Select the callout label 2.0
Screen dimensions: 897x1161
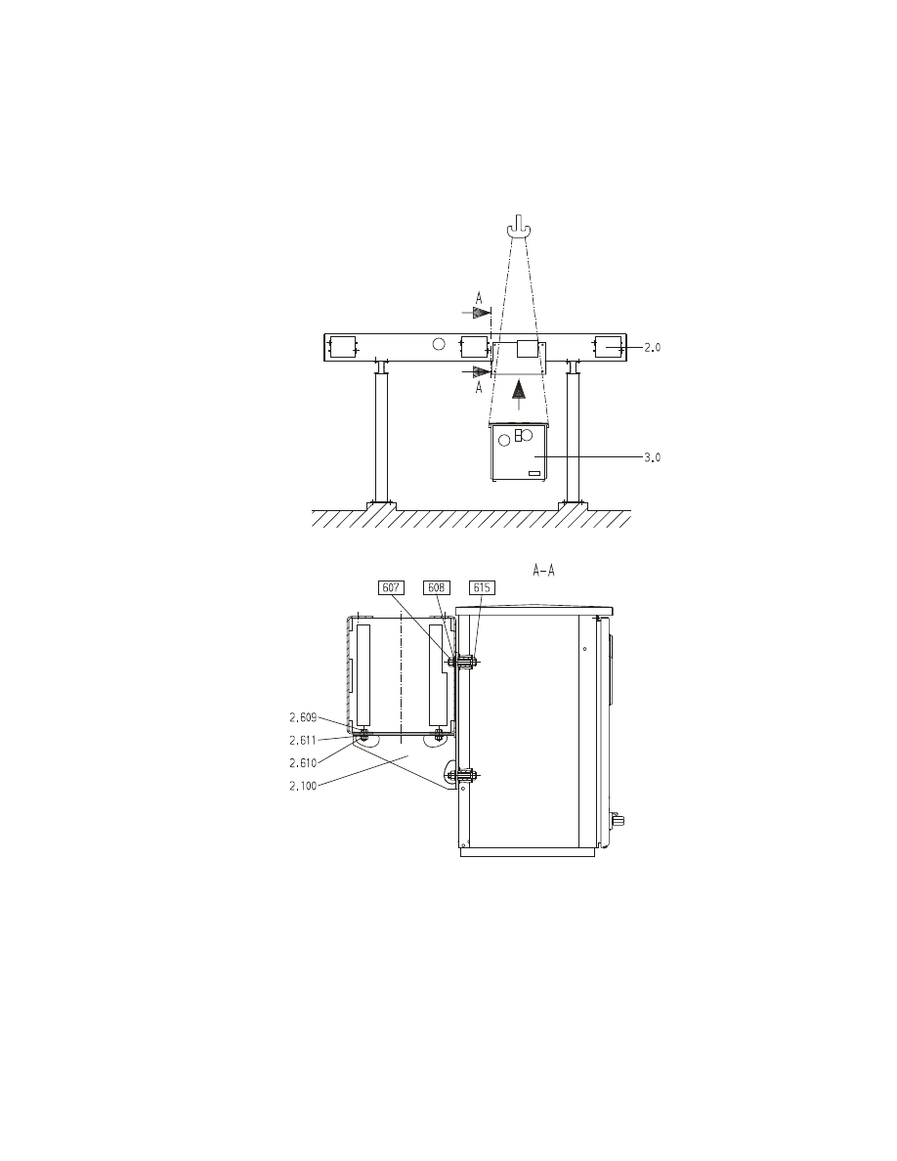[x=652, y=347]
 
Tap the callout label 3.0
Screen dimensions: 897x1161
[x=652, y=457]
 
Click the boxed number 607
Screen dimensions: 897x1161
[x=391, y=588]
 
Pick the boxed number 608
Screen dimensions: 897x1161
[x=436, y=588]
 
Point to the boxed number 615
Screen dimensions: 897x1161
[x=482, y=588]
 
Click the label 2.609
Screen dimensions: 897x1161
[x=303, y=716]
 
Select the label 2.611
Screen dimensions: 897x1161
[x=303, y=740]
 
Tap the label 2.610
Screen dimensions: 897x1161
[x=303, y=762]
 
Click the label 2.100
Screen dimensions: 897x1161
[x=303, y=786]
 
